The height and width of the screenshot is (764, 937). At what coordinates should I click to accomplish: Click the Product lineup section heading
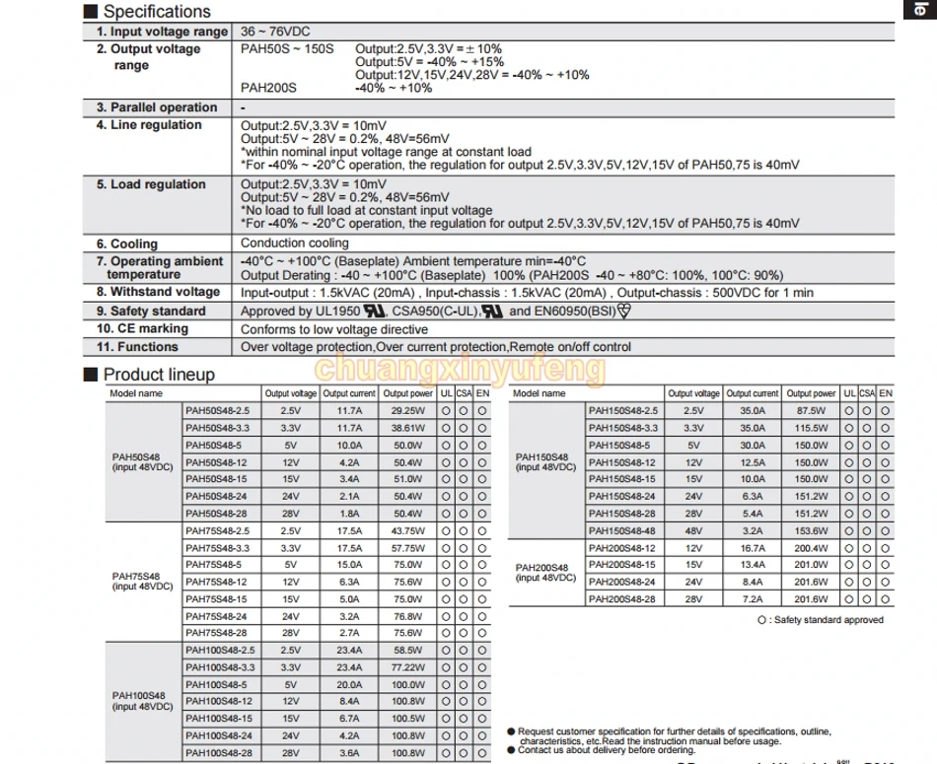click(x=158, y=375)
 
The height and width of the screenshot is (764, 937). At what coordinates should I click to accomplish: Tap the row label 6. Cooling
click(x=127, y=243)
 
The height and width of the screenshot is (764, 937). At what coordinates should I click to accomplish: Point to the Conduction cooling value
click(x=295, y=243)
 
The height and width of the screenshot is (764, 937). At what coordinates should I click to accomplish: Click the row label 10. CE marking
click(x=142, y=329)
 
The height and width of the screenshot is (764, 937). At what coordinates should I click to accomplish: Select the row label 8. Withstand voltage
click(x=158, y=292)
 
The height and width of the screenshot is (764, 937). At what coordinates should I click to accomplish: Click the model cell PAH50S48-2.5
click(x=218, y=411)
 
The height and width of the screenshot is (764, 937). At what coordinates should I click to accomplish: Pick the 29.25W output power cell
click(x=406, y=411)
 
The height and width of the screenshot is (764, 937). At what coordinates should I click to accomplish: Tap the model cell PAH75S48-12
click(x=217, y=582)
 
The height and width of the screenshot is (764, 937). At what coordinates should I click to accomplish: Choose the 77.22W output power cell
click(x=406, y=667)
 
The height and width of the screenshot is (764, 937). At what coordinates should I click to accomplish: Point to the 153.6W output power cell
click(x=811, y=530)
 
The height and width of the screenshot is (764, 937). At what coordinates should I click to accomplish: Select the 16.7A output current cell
click(x=753, y=547)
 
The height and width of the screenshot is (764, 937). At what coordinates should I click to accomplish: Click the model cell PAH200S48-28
click(x=621, y=598)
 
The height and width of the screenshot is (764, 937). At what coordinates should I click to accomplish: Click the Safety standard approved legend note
click(x=821, y=619)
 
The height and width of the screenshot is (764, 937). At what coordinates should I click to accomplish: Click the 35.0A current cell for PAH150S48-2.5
click(x=753, y=411)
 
